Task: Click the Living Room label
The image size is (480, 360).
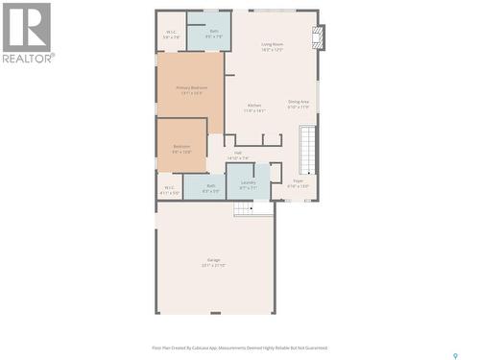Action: pyautogui.click(x=272, y=44)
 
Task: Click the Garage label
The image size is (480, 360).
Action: pyautogui.click(x=213, y=260)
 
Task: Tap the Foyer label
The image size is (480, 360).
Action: pyautogui.click(x=299, y=181)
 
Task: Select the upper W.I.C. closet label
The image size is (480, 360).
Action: pyautogui.click(x=171, y=32)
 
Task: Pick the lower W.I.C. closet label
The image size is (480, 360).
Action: pyautogui.click(x=169, y=187)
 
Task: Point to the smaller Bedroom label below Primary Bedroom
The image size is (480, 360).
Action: pyautogui.click(x=181, y=147)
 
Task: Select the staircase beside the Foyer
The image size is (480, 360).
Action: pyautogui.click(x=307, y=150)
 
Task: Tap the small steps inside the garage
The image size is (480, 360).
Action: pyautogui.click(x=252, y=208)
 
